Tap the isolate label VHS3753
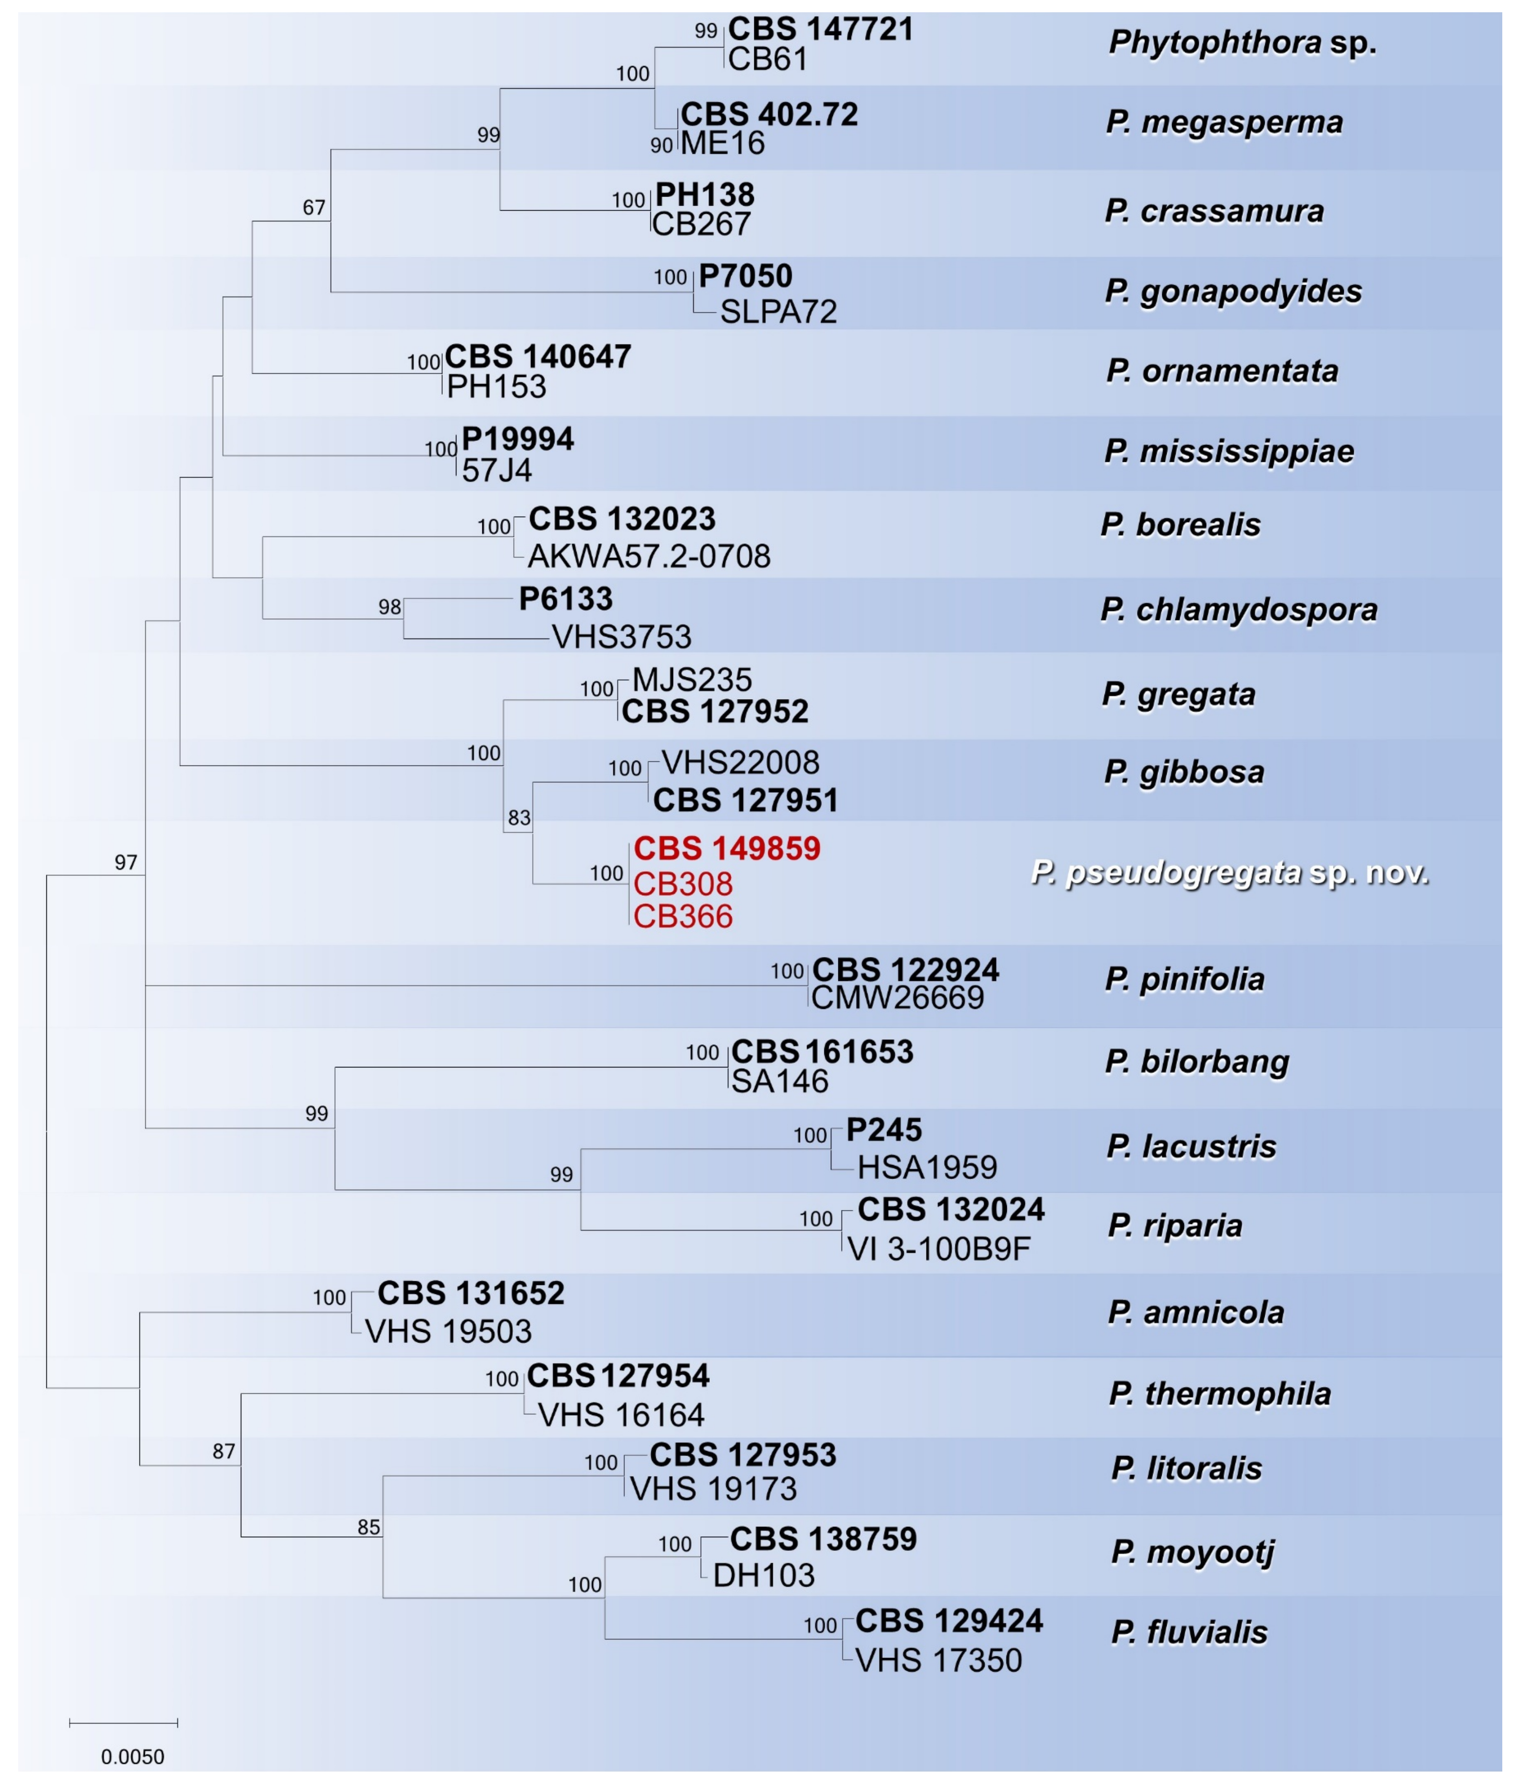(621, 637)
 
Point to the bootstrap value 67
(313, 208)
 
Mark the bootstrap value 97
(125, 862)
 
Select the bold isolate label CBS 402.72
(769, 114)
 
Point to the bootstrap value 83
(519, 818)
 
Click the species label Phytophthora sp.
(1242, 42)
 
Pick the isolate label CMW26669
(897, 998)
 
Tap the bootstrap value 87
(223, 1451)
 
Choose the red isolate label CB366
(683, 916)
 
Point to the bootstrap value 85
(368, 1527)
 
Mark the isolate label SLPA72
(778, 312)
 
